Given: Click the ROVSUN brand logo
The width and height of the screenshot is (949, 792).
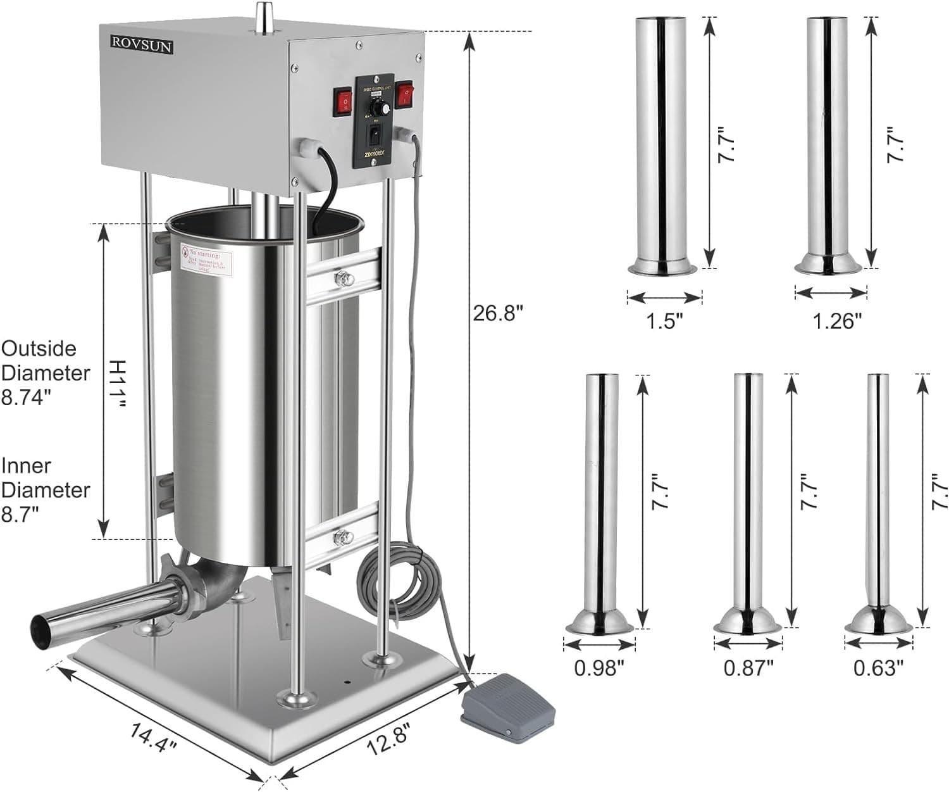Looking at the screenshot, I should pyautogui.click(x=142, y=44).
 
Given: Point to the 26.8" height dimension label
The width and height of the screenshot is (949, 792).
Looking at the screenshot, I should pyautogui.click(x=499, y=313).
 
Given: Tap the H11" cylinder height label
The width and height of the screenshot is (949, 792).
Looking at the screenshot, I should pyautogui.click(x=119, y=383).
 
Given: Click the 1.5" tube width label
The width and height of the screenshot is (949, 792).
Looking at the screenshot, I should pyautogui.click(x=665, y=321).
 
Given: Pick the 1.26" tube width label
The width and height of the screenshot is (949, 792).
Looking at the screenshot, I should pyautogui.click(x=837, y=321).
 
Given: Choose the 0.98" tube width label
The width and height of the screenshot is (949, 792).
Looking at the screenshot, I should pyautogui.click(x=599, y=667).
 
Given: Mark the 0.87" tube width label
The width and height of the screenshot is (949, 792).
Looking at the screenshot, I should pyautogui.click(x=748, y=667).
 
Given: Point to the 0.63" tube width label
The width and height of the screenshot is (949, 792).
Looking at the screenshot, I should pyautogui.click(x=878, y=667).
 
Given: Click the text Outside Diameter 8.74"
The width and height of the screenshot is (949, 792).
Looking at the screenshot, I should pyautogui.click(x=46, y=373).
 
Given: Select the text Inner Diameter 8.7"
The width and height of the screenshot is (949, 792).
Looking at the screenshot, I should pyautogui.click(x=46, y=490).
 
